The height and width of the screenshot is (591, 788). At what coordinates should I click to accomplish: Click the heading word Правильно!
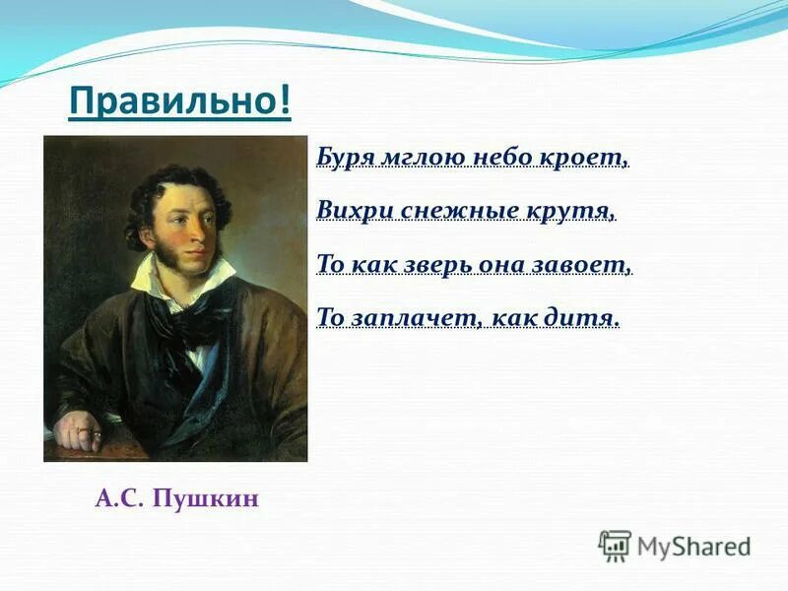pyautogui.click(x=180, y=99)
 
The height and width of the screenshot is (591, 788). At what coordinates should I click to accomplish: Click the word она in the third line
pyautogui.click(x=501, y=264)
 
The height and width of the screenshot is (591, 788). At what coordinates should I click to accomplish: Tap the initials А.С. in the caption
pyautogui.click(x=119, y=499)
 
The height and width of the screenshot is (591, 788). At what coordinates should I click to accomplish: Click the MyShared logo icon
pyautogui.click(x=615, y=545)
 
